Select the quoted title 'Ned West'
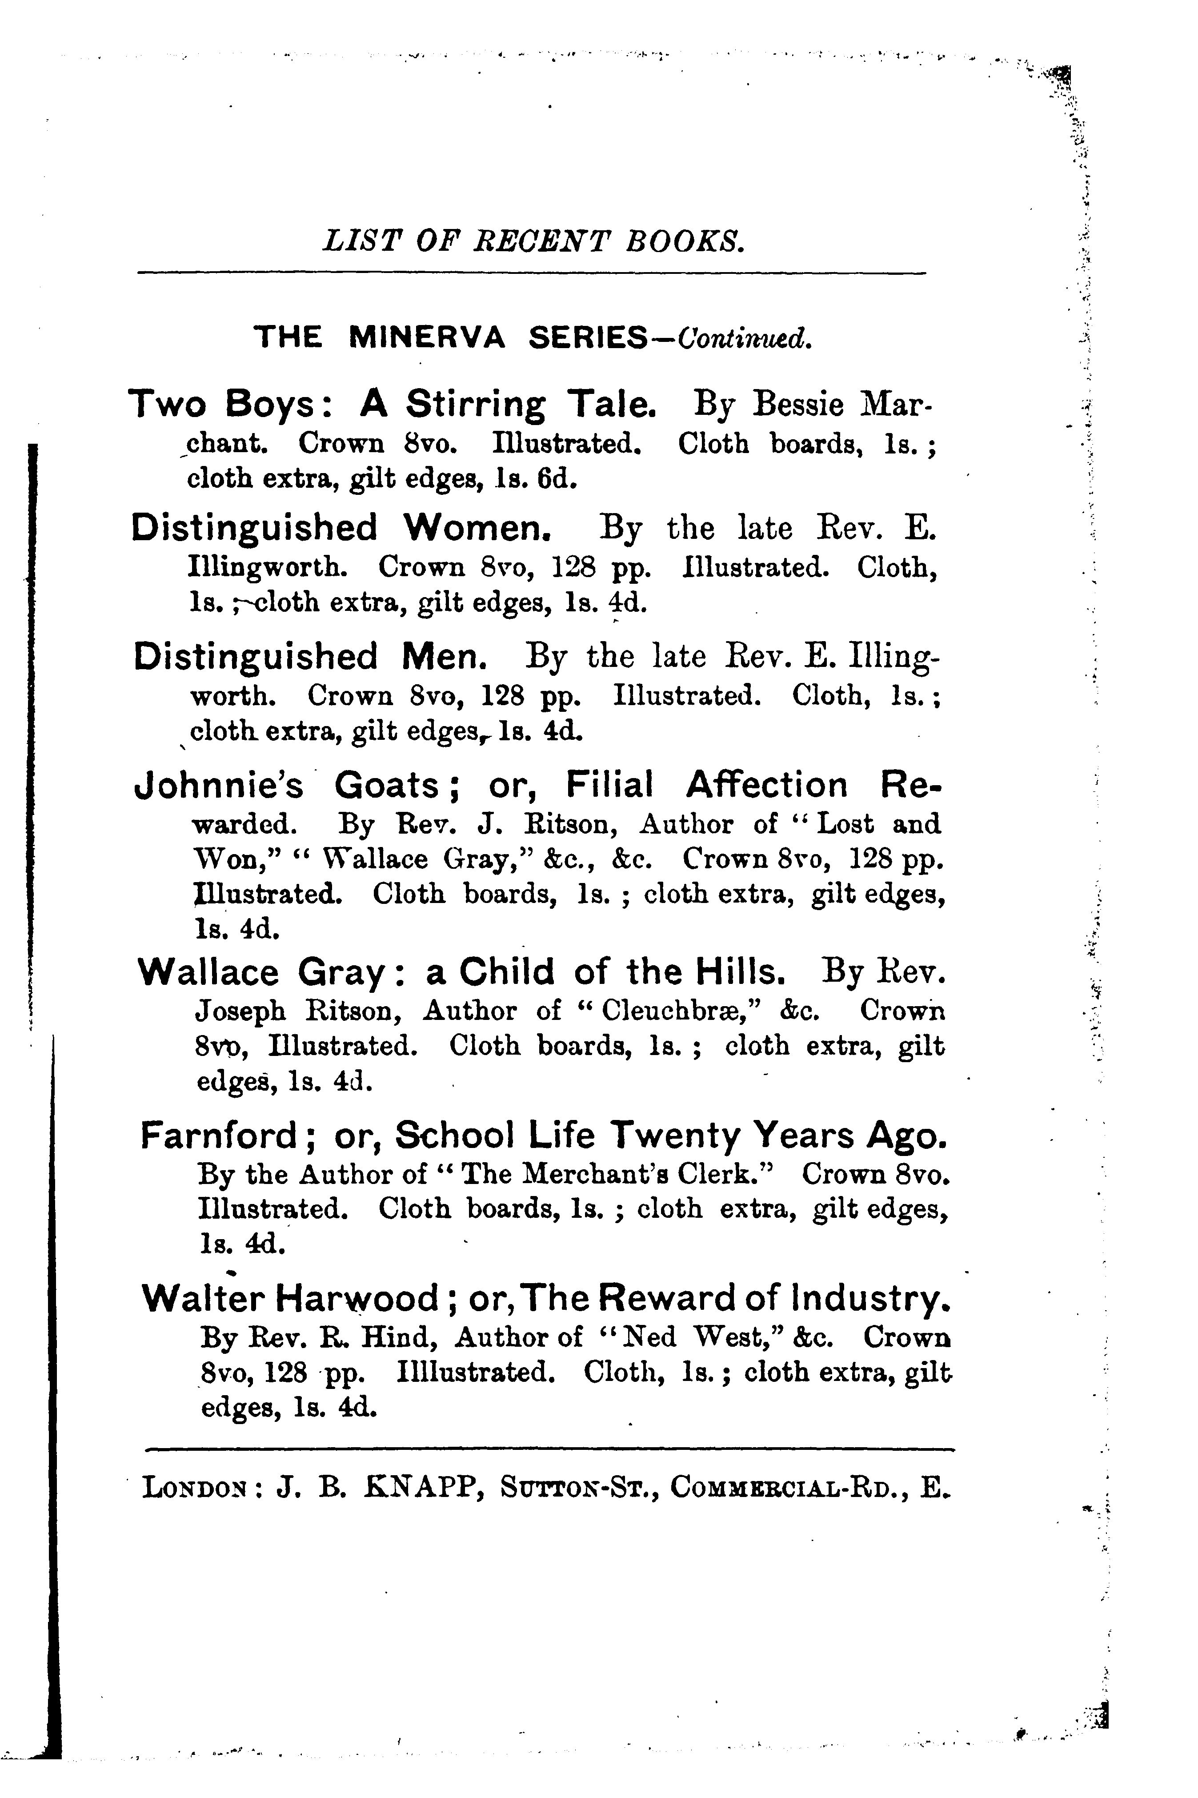coord(682,1337)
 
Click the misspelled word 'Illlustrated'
coord(475,1373)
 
